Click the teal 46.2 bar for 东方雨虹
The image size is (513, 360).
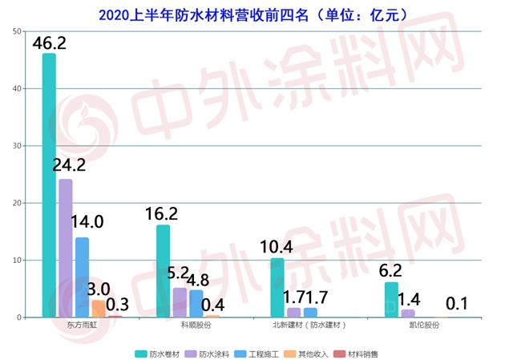click(49, 185)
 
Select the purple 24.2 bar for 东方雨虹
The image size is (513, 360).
click(66, 249)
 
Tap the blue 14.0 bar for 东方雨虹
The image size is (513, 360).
click(82, 277)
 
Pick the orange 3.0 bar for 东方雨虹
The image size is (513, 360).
click(98, 309)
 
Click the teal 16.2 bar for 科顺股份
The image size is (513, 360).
click(164, 271)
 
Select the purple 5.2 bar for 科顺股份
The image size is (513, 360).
click(180, 302)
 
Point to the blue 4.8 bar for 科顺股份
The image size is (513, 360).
click(196, 304)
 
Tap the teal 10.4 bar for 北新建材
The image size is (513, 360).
click(277, 288)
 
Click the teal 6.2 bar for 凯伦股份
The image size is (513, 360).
click(391, 300)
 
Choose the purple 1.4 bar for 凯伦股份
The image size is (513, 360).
click(408, 313)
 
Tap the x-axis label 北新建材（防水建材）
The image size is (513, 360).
click(310, 326)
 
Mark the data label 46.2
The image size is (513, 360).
click(50, 42)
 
